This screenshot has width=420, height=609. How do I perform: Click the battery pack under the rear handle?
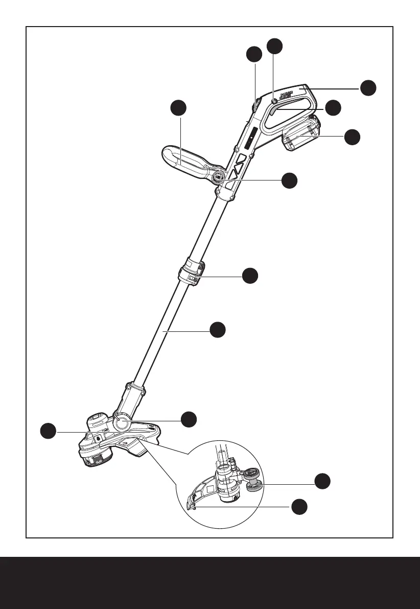coord(301,135)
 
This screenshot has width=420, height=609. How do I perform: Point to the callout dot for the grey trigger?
coord(333,107)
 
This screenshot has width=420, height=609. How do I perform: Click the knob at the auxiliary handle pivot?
coord(219,177)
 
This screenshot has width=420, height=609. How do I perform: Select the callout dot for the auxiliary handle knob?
coord(290,180)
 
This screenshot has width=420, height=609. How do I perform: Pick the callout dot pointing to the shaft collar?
coord(250,276)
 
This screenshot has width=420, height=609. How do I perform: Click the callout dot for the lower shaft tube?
coord(218,330)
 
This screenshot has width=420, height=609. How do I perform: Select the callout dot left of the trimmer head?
coord(49,431)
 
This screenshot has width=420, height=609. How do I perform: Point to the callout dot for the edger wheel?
coord(322,481)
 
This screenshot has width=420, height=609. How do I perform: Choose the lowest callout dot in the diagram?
coord(299,507)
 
